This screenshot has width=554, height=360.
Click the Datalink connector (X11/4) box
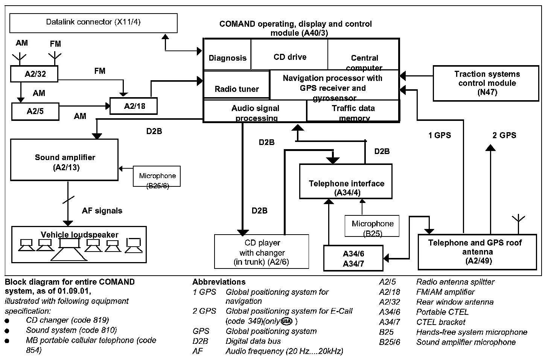click(x=93, y=23)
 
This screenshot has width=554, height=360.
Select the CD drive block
click(x=289, y=57)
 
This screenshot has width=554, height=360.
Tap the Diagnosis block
click(x=227, y=58)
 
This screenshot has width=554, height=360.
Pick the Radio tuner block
click(x=237, y=89)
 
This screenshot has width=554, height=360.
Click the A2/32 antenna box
click(x=35, y=74)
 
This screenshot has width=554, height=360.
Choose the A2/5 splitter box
click(x=36, y=111)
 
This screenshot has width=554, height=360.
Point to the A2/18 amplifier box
click(x=134, y=106)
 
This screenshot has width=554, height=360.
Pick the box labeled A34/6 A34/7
click(x=353, y=258)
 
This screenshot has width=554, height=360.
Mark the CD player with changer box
click(x=262, y=252)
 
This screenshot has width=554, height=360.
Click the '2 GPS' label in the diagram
click(x=504, y=135)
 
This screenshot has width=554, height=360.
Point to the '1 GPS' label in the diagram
click(x=439, y=135)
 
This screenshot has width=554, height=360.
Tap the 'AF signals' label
click(x=102, y=211)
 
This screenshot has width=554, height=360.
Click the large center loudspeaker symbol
click(x=69, y=249)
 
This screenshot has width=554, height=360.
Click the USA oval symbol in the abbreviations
click(x=286, y=321)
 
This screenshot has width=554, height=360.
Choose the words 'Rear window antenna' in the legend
click(x=455, y=302)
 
